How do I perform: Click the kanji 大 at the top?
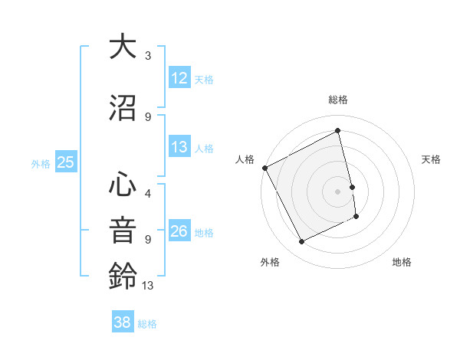click(x=123, y=47)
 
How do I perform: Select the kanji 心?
click(x=123, y=185)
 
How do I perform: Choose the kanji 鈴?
click(x=123, y=275)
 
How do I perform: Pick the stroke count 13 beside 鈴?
click(x=148, y=286)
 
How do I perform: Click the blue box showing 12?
click(x=179, y=78)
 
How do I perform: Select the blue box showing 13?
click(x=179, y=147)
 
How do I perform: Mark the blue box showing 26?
click(x=179, y=231)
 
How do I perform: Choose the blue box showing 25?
click(x=65, y=162)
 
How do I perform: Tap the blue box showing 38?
click(x=123, y=322)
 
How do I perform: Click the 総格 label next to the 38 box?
click(x=147, y=324)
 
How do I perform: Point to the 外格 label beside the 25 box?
click(x=41, y=163)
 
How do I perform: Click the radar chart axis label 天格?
click(x=431, y=159)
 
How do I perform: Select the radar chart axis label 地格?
click(x=402, y=262)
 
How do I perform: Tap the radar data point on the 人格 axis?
click(x=264, y=168)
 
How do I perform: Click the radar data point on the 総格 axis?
click(x=337, y=131)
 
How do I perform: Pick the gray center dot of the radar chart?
click(x=337, y=191)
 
